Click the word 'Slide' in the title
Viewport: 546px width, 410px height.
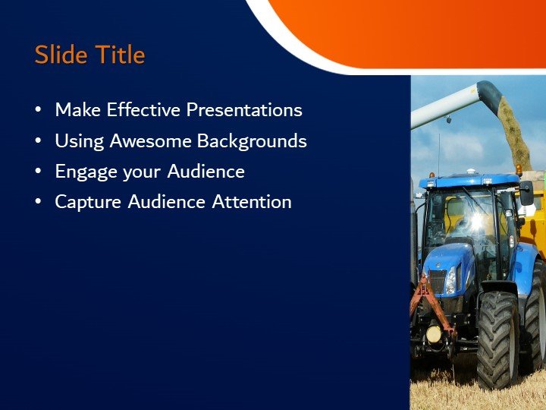tap(60, 55)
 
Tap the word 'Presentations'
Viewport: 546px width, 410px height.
tap(244, 110)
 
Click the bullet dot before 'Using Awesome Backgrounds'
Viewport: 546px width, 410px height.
tap(39, 142)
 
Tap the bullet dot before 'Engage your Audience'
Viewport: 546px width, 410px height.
tap(39, 172)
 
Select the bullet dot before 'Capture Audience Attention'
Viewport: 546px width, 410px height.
tap(39, 203)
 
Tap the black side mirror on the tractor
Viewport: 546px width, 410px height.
tap(526, 194)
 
